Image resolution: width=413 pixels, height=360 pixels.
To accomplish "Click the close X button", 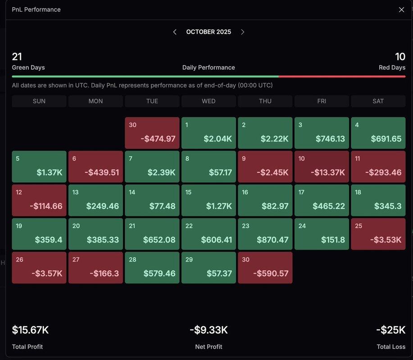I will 401,9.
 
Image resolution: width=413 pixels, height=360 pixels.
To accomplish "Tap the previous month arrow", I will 175,32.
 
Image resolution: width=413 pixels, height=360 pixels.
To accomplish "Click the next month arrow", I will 242,32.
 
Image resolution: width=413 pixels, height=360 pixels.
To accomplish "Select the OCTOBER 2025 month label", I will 209,32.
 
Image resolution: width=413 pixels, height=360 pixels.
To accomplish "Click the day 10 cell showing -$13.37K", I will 322,166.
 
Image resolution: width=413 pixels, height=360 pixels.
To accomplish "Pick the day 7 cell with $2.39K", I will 152,166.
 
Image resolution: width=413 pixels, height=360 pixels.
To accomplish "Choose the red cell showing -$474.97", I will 152,133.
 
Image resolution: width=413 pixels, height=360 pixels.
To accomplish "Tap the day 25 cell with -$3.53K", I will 378,234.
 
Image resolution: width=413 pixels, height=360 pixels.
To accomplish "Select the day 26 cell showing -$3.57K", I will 39,267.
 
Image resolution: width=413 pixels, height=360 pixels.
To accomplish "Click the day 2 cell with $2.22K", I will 265,133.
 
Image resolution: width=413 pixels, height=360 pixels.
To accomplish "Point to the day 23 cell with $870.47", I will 265,234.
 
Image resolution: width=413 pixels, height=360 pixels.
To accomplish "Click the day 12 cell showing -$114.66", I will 39,200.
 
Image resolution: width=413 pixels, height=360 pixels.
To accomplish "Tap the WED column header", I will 209,101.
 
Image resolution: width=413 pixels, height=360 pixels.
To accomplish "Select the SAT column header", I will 378,101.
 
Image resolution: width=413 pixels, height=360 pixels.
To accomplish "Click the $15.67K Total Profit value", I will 30,330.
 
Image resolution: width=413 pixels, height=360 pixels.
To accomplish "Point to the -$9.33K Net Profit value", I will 209,330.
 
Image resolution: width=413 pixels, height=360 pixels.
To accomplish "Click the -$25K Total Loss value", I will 390,330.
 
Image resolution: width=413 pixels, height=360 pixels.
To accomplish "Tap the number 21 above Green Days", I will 17,57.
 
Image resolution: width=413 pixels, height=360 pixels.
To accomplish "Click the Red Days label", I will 392,67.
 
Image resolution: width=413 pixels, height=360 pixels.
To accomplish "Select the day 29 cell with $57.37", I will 209,267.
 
